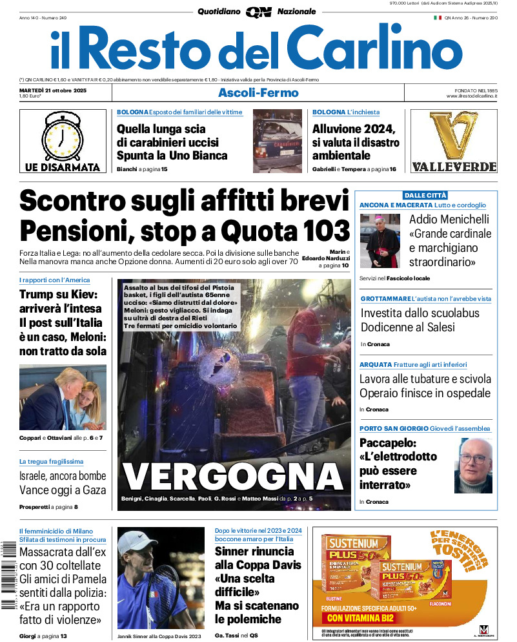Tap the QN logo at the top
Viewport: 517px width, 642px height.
258,12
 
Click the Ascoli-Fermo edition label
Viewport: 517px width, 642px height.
258,92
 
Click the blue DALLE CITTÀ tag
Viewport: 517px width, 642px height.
425,195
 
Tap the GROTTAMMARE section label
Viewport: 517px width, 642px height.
385,299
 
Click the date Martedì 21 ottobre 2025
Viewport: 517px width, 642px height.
53,90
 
